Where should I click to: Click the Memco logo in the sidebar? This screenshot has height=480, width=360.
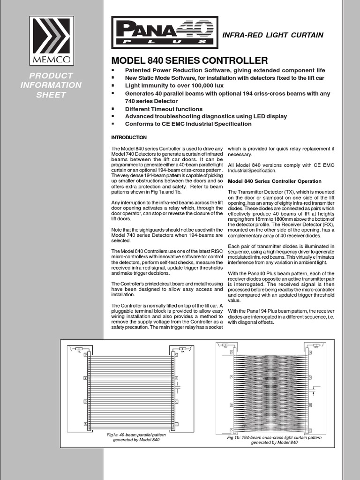(x=52, y=40)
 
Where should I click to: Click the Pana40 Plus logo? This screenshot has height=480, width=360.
(x=165, y=33)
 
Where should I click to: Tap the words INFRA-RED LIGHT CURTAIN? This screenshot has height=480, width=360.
(x=272, y=35)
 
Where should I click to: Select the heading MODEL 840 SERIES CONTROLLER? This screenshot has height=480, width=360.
(x=189, y=60)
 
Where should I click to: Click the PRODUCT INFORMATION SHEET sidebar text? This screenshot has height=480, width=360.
(x=52, y=85)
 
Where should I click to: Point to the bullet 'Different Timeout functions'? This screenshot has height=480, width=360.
(x=164, y=109)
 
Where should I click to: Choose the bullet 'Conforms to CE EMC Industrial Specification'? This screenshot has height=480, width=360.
(x=188, y=124)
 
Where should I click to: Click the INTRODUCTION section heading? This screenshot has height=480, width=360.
(x=129, y=137)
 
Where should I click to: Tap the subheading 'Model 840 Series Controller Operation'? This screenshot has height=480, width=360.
(x=274, y=181)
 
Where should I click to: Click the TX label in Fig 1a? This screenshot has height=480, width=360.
(x=79, y=352)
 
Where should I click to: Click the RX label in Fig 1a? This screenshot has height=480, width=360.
(x=183, y=352)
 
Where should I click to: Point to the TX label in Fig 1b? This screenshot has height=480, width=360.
(x=225, y=347)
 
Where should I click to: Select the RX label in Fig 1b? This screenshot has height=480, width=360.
(x=316, y=347)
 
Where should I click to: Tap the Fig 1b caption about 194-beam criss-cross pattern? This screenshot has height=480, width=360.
(x=274, y=440)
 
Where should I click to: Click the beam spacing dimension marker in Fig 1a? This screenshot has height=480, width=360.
(x=179, y=389)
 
